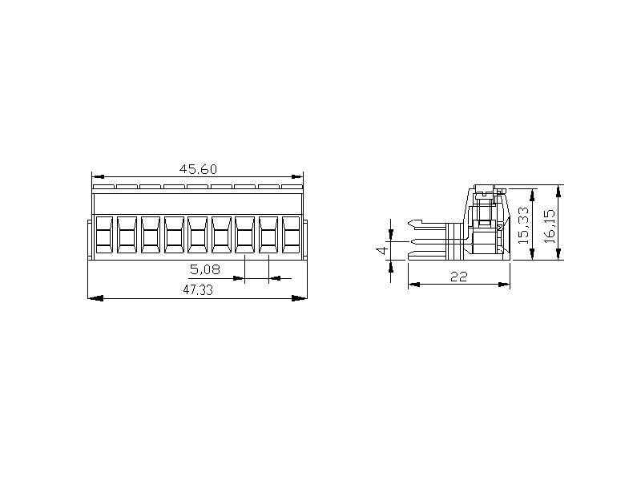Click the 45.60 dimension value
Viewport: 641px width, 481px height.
198,169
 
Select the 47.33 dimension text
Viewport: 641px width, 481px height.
198,290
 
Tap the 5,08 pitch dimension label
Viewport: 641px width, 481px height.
205,269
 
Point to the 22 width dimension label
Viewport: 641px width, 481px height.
458,277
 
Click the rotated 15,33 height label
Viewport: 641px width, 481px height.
523,225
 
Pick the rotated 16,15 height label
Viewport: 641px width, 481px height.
550,226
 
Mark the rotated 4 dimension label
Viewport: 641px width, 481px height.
383,250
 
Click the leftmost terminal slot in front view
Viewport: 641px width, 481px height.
104,235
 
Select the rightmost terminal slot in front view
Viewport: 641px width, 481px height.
291,235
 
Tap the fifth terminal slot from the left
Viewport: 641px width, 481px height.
198,235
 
